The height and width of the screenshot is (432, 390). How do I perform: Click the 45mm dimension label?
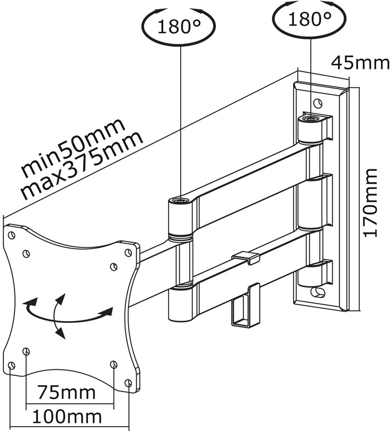[360, 63]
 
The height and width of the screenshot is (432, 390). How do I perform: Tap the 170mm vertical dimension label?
[370, 203]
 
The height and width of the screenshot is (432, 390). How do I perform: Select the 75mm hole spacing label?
[67, 392]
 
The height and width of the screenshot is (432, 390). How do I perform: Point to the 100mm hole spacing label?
[67, 416]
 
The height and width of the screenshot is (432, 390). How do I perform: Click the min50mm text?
[73, 148]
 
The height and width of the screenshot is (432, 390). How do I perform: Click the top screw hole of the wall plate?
[317, 103]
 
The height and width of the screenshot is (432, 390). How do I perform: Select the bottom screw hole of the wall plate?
[317, 292]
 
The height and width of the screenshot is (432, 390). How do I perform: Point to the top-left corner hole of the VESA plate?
[12, 235]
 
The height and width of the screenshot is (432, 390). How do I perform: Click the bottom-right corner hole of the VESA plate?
[128, 383]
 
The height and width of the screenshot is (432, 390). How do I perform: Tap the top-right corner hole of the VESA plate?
[128, 253]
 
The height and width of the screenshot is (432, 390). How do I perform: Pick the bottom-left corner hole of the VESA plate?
[11, 366]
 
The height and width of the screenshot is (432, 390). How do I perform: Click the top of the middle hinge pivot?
[180, 200]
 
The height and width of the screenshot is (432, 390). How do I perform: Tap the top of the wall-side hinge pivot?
[310, 119]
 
